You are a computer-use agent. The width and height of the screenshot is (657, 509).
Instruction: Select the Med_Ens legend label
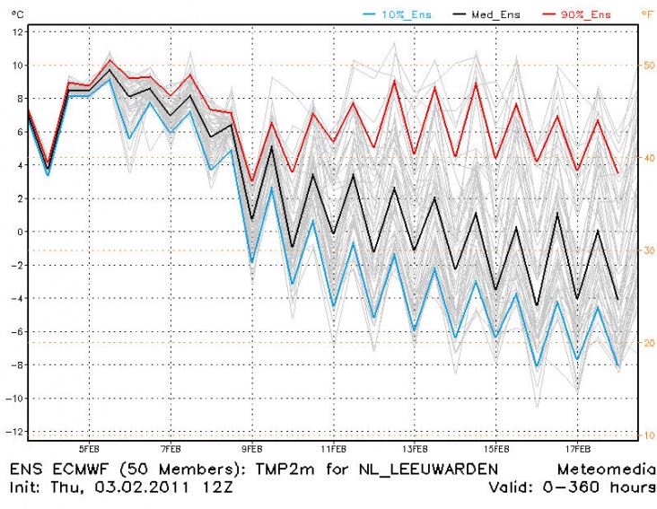pyautogui.click(x=487, y=13)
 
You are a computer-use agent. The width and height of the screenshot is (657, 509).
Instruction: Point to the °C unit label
pyautogui.click(x=13, y=13)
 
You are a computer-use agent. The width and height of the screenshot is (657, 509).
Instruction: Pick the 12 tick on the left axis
pyautogui.click(x=17, y=32)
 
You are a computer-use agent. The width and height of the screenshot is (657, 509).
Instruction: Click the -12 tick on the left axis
pyautogui.click(x=14, y=432)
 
